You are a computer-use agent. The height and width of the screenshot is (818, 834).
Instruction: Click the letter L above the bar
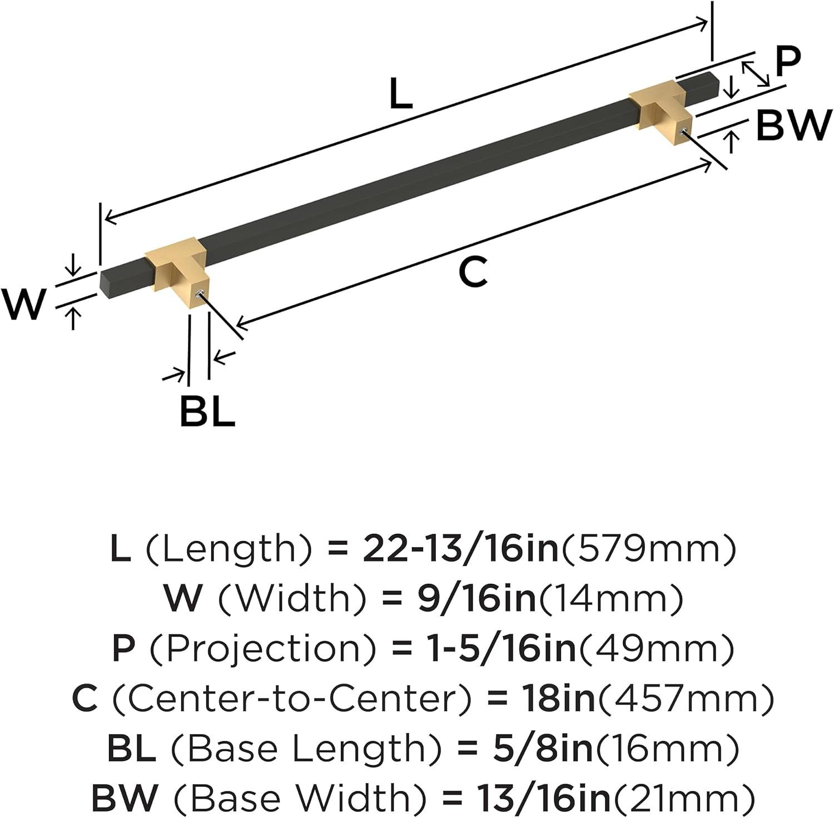tap(401, 93)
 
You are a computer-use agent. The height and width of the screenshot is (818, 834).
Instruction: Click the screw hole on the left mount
tap(201, 293)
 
